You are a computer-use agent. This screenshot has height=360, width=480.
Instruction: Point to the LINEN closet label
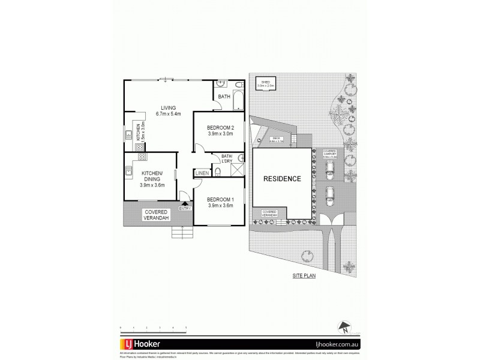click(202, 173)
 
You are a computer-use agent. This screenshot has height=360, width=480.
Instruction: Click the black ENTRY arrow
click(184, 203)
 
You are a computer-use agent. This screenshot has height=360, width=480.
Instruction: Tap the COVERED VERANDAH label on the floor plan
click(155, 215)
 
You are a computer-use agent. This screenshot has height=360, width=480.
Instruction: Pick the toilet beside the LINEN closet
click(218, 172)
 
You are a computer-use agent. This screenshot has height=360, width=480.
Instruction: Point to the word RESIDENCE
click(282, 179)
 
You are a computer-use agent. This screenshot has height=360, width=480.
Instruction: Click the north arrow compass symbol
click(344, 328)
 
